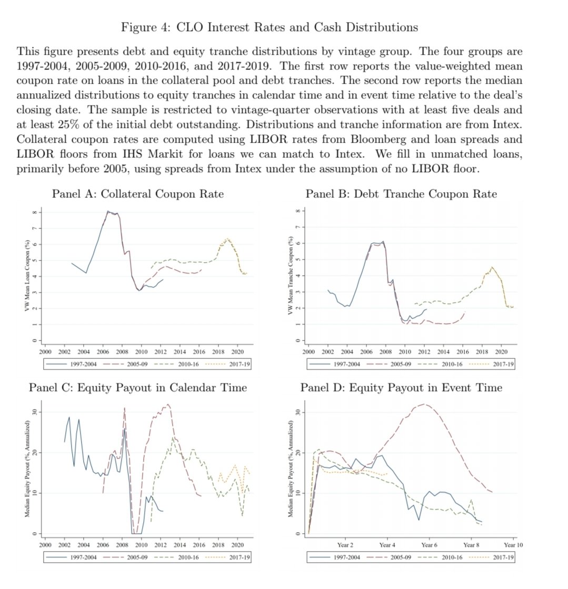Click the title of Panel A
pyautogui.click(x=137, y=194)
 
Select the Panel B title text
pyautogui.click(x=401, y=194)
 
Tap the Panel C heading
pyautogui.click(x=137, y=387)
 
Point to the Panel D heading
pyautogui.click(x=401, y=387)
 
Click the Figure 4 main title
pyautogui.click(x=270, y=27)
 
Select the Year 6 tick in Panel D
pyautogui.click(x=429, y=544)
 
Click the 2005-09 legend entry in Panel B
pyautogui.click(x=402, y=364)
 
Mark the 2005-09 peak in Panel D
pyautogui.click(x=424, y=404)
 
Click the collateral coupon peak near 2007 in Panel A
pyautogui.click(x=108, y=212)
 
